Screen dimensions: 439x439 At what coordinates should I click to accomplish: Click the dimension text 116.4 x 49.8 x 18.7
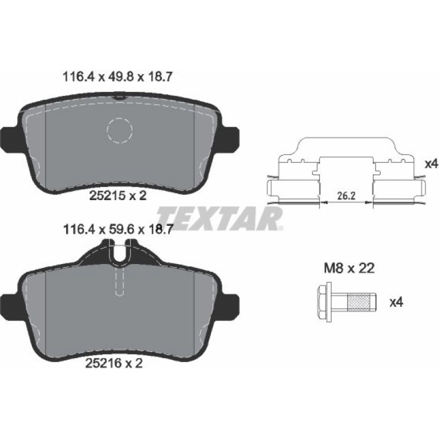[x=117, y=77]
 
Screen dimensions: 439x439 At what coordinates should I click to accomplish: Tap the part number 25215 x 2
[x=117, y=195]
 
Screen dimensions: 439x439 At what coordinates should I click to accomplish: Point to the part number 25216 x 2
[x=113, y=363]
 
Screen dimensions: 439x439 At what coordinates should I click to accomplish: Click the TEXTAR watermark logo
[x=219, y=219]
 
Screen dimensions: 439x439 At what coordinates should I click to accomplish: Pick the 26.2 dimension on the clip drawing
[x=347, y=196]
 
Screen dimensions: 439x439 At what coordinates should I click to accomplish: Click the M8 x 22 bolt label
[x=349, y=269]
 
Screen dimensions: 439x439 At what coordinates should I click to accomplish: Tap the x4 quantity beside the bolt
[x=397, y=302]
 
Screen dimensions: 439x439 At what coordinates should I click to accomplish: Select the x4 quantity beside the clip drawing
[x=432, y=164]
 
